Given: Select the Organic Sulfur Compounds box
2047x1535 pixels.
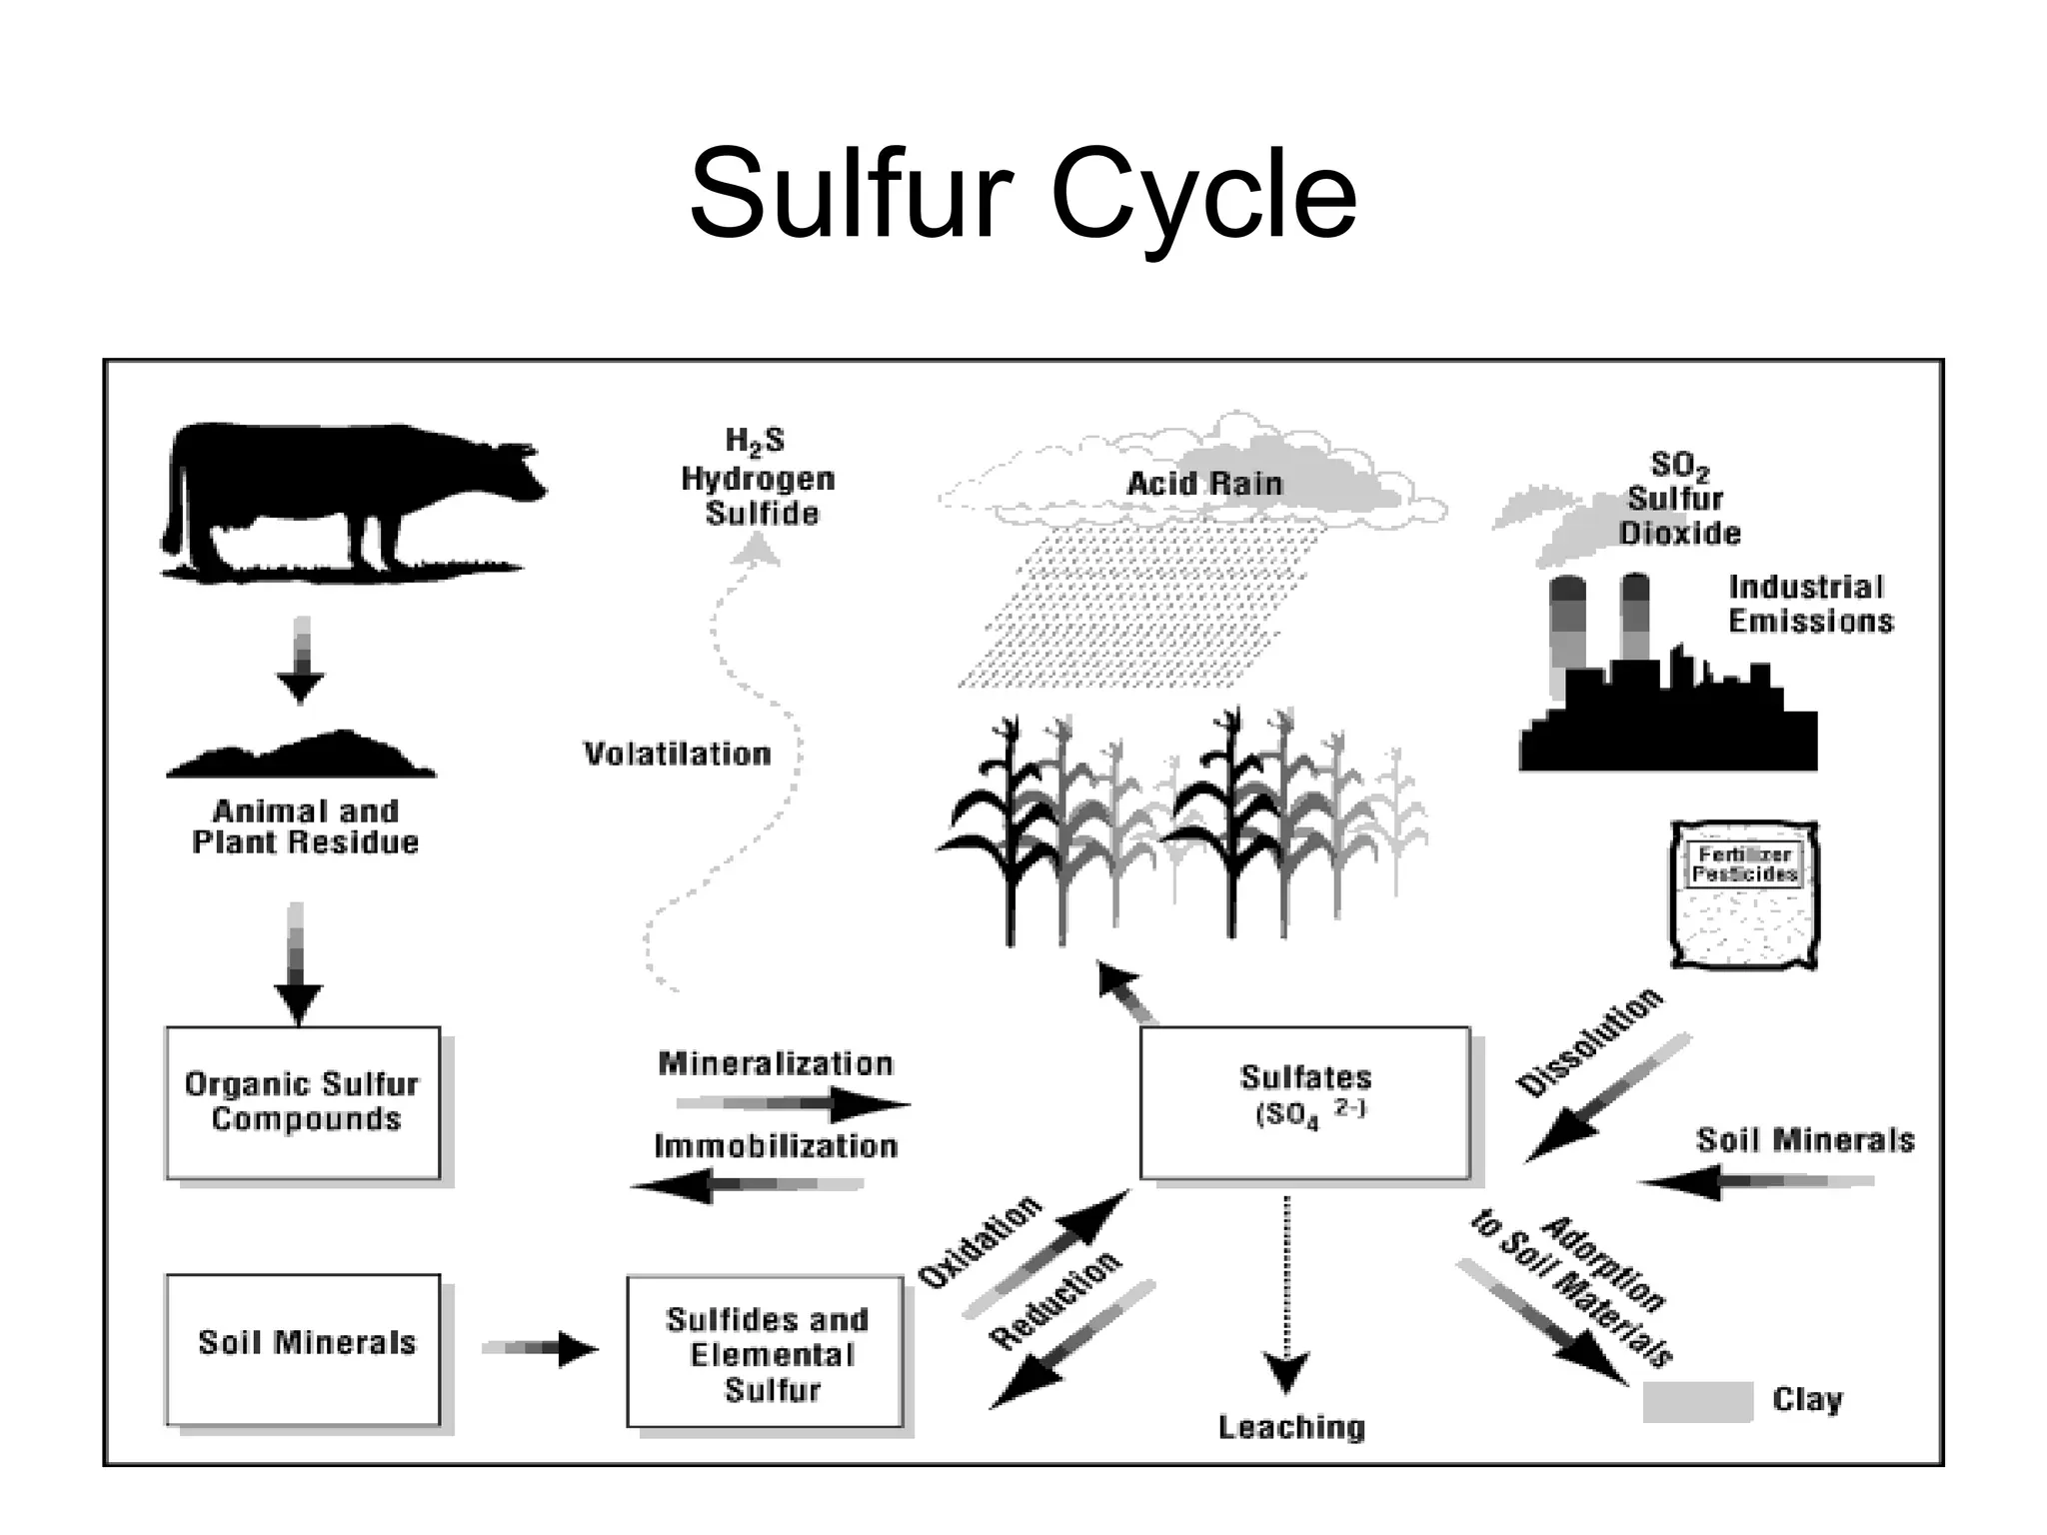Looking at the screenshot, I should [302, 1102].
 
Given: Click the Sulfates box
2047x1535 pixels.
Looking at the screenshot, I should [1304, 1102].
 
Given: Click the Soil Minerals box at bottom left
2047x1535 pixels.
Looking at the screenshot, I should [302, 1349].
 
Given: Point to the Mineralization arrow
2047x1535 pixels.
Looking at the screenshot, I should [795, 1104].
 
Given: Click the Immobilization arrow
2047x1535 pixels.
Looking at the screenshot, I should [750, 1185].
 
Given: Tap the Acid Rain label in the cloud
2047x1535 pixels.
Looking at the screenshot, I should [1203, 484].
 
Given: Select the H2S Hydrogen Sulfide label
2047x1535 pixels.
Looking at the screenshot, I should [758, 478].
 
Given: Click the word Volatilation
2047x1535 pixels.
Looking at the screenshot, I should [677, 754].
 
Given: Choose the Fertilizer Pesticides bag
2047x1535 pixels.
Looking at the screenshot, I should [1744, 894].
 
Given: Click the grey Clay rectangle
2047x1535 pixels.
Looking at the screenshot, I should [1698, 1401].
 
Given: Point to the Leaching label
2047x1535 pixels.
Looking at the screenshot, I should [1290, 1427].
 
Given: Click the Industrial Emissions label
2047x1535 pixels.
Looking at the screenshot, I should [1809, 604].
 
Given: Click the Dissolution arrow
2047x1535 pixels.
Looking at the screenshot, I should [1604, 1099].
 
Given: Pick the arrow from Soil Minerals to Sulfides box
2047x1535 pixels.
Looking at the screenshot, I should [540, 1348].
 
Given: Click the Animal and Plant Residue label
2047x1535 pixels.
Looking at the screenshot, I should [305, 825].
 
